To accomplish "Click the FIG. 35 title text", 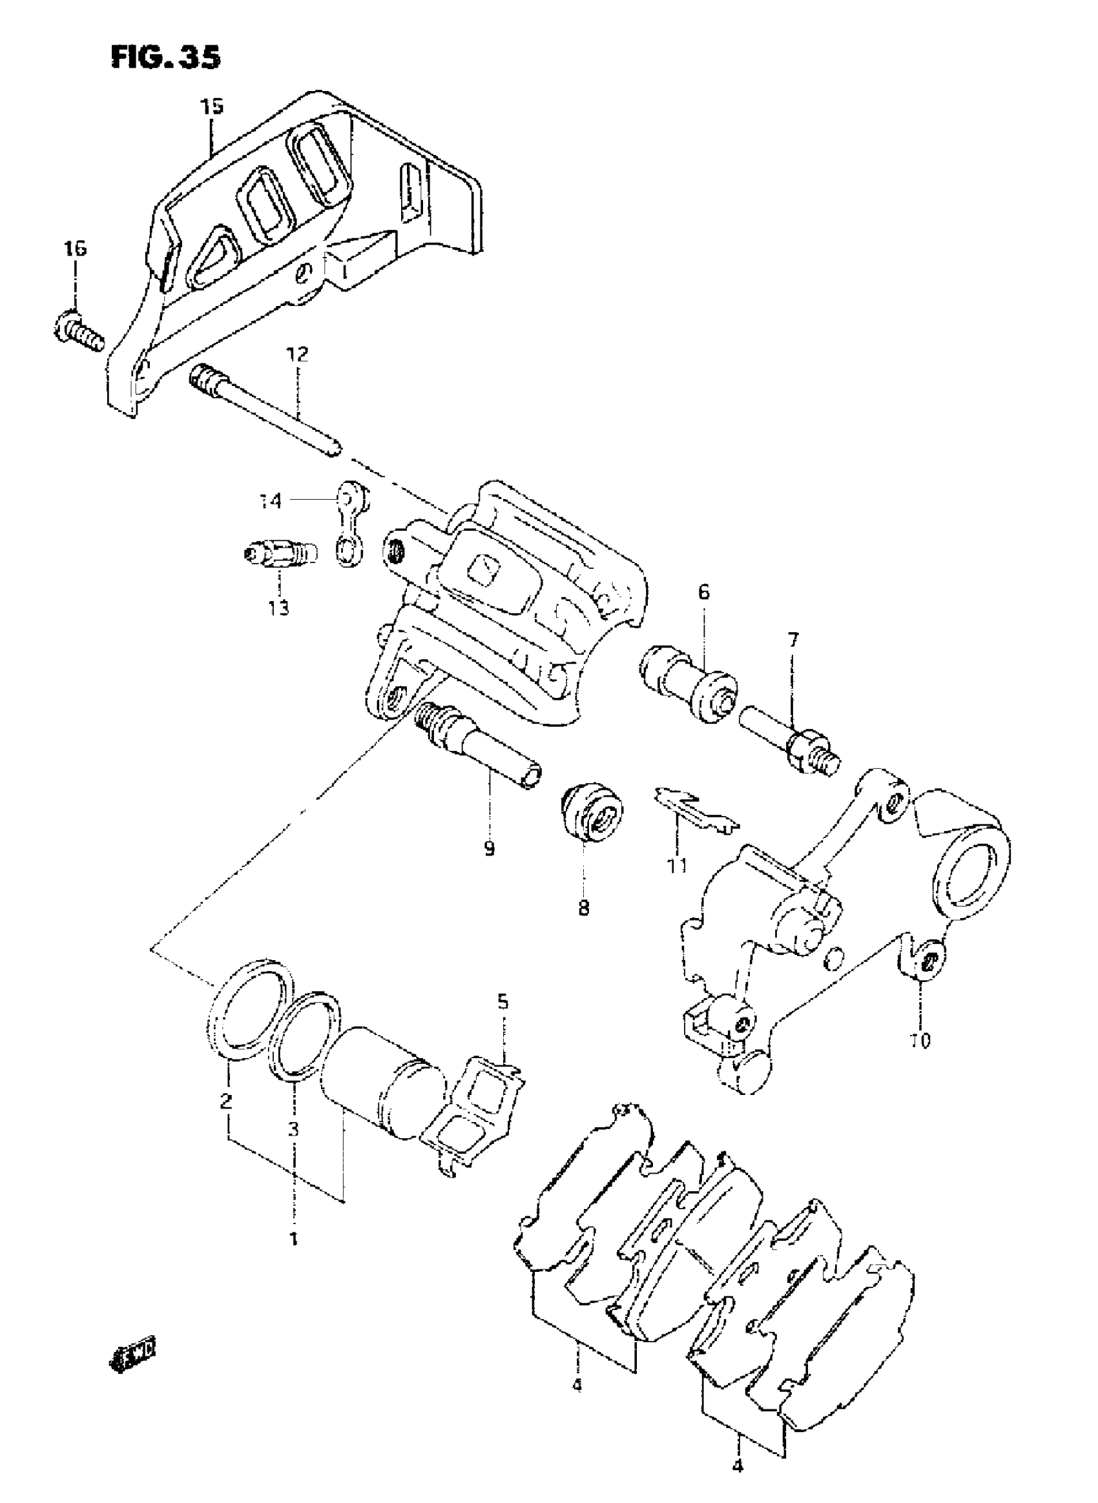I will [165, 58].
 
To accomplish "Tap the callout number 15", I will [212, 107].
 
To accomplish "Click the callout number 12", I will [297, 354].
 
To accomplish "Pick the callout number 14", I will [271, 501].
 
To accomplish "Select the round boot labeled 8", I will [590, 815].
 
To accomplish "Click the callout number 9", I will [489, 849].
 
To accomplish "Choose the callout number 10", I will [921, 1041].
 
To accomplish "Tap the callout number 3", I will [293, 1129].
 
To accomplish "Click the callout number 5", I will [502, 1020].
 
